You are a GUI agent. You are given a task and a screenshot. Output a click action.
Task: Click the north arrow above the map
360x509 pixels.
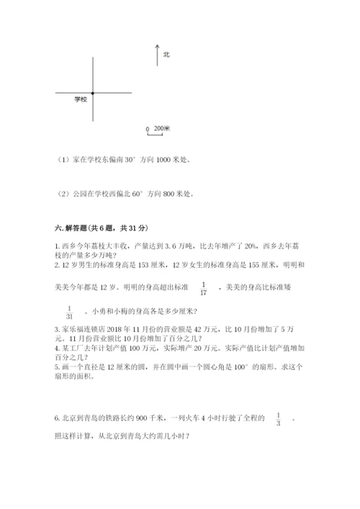point(157,55)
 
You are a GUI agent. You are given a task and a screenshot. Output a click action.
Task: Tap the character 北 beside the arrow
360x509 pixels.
point(166,54)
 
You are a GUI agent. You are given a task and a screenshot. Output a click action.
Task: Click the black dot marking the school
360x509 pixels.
point(93,92)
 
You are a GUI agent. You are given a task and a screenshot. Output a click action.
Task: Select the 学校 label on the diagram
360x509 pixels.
point(80,99)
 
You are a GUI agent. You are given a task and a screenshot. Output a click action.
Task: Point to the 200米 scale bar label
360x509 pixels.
point(162,128)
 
